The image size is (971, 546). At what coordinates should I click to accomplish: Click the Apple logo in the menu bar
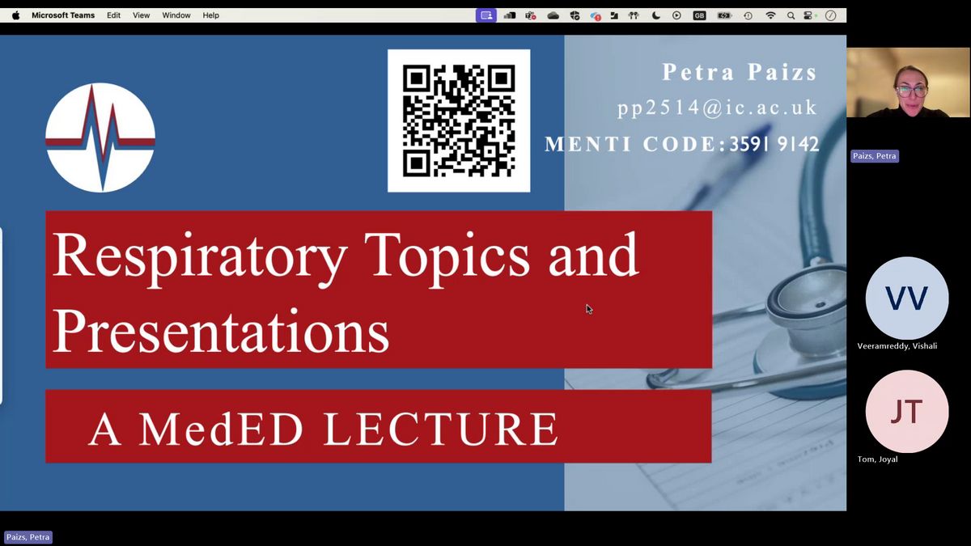pos(16,15)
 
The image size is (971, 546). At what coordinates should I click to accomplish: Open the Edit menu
pos(113,15)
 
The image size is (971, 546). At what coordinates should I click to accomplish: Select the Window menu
pos(176,15)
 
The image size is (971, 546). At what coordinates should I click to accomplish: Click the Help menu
pos(210,15)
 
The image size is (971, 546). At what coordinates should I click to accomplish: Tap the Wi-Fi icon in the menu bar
pos(770,15)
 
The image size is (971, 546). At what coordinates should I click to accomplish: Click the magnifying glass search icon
pos(791,15)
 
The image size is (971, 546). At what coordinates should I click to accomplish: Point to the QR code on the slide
pos(459,121)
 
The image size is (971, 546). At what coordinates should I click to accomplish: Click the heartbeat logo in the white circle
pos(100,138)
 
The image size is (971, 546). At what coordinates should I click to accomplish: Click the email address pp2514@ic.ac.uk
pos(718,108)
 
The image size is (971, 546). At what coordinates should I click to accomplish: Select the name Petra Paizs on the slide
pos(740,71)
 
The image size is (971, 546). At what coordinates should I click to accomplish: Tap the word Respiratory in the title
pos(200,257)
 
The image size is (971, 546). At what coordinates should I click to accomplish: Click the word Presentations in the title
pos(221,332)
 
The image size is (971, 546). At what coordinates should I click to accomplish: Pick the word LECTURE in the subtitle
pos(440,429)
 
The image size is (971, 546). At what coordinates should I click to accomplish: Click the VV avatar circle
pos(907,298)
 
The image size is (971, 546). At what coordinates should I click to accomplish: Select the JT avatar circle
pos(907,412)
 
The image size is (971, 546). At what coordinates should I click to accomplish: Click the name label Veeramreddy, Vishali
pos(897,346)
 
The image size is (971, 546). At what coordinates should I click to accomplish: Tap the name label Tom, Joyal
pos(877,459)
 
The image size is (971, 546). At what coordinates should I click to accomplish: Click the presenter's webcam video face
pos(911,89)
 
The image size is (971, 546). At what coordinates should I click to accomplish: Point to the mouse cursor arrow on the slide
pos(589,309)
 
